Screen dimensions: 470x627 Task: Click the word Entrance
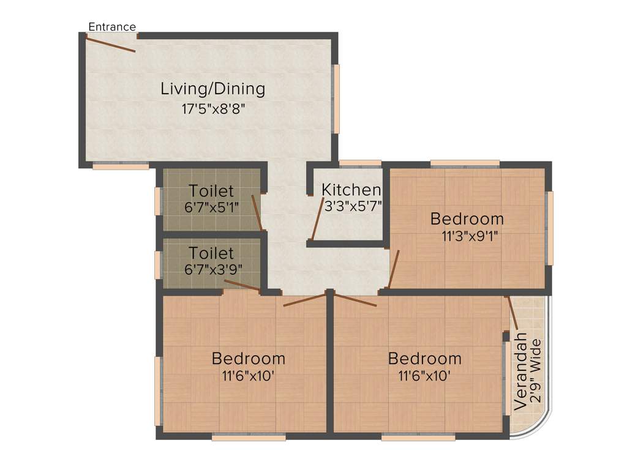[x=112, y=27]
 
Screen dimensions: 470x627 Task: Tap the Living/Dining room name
[x=212, y=89]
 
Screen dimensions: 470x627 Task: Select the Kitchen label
[x=351, y=189]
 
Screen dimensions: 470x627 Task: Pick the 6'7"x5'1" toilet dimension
[x=211, y=207]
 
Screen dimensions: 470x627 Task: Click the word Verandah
[x=521, y=371]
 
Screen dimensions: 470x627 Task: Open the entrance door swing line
[x=111, y=44]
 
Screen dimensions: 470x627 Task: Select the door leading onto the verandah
[x=512, y=313]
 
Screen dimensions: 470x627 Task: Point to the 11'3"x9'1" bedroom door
[x=393, y=269]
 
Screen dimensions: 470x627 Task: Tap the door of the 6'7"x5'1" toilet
[x=257, y=212]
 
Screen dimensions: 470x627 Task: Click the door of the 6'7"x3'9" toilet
[x=242, y=285]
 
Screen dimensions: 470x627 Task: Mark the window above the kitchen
[x=360, y=163]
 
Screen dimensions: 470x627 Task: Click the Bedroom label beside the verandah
[x=425, y=358]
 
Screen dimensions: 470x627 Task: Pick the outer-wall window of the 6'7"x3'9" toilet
[x=158, y=264]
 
